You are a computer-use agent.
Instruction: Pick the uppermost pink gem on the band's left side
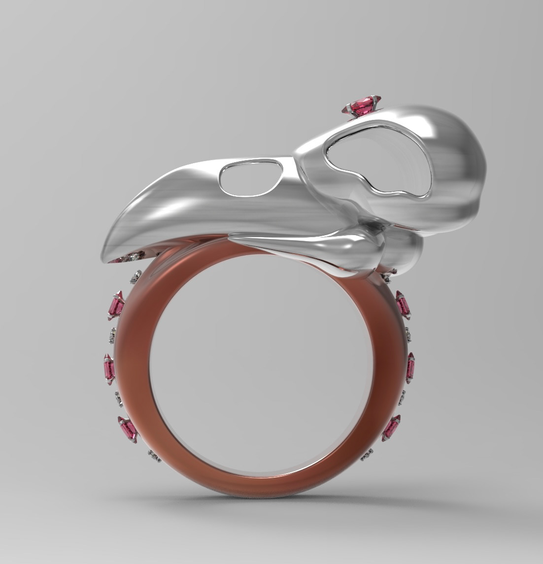tap(116, 305)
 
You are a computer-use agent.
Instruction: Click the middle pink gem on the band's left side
tap(109, 368)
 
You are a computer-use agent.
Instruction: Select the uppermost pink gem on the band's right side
tap(403, 304)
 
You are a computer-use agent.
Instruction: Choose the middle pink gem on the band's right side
tap(410, 367)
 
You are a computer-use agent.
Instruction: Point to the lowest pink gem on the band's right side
tap(391, 427)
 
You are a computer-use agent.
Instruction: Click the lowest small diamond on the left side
tap(154, 456)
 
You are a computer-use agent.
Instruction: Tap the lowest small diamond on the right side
tap(367, 454)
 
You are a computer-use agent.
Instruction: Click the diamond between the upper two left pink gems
tap(113, 336)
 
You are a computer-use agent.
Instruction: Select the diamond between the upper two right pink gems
tap(408, 335)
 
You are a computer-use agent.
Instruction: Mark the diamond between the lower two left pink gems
tap(119, 398)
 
